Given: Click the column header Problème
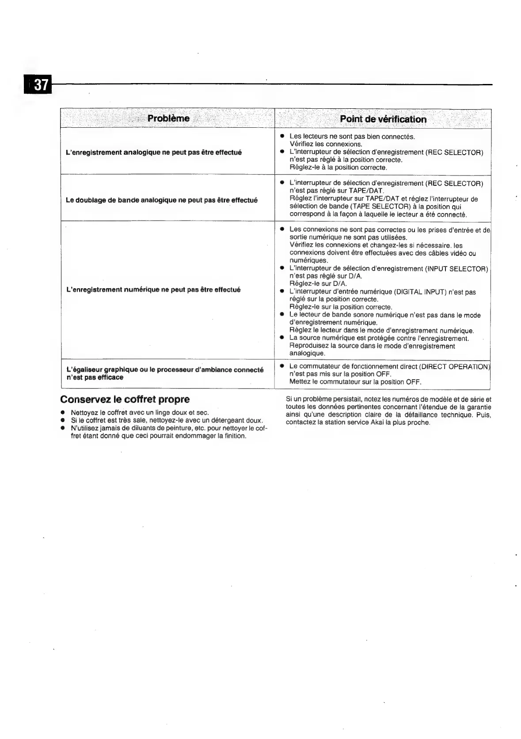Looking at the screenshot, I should click(x=168, y=118).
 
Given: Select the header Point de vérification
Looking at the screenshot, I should click(x=383, y=119).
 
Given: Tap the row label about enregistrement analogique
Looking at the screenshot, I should click(x=153, y=152).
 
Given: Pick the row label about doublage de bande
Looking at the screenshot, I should click(x=161, y=200).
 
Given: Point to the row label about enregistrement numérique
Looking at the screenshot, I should click(x=153, y=290).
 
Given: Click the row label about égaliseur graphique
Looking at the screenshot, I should click(x=164, y=373).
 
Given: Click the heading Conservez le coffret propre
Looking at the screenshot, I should click(x=125, y=400).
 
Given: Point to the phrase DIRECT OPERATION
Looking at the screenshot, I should click(x=454, y=366).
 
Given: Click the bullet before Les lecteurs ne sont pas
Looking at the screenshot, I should click(x=281, y=137).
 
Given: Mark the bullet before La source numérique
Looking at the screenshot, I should click(x=281, y=339).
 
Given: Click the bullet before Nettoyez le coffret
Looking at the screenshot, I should click(x=63, y=412).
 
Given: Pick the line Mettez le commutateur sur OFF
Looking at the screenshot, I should click(x=355, y=382).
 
